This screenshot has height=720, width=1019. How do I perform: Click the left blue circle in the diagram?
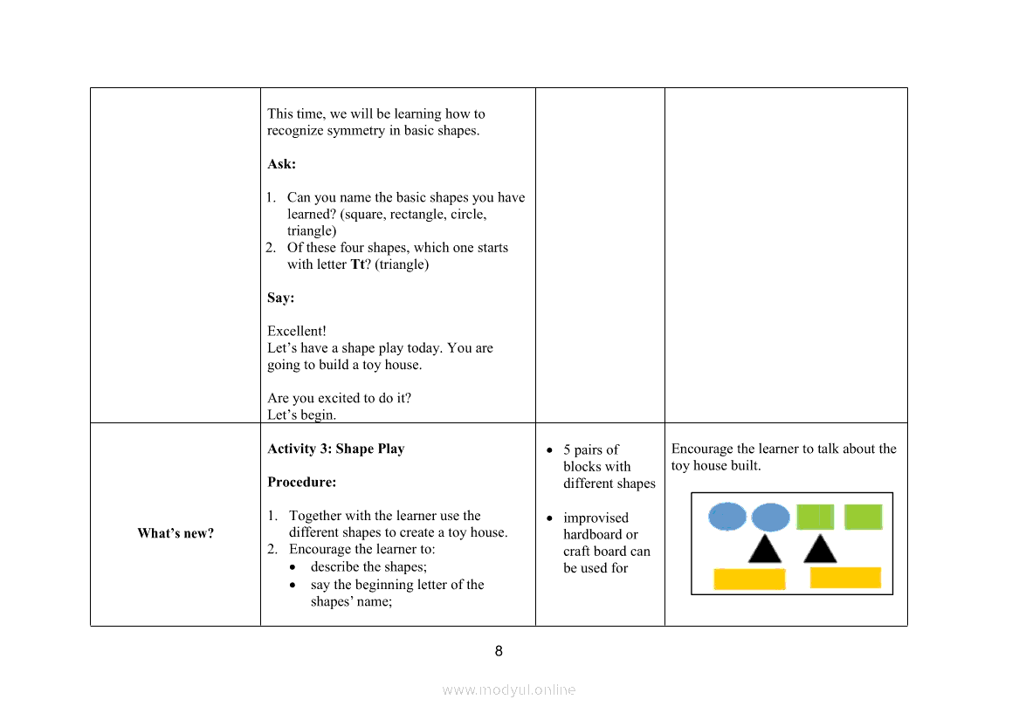point(727,517)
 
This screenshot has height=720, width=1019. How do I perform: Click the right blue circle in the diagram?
point(770,518)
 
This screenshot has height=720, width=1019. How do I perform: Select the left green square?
point(815,518)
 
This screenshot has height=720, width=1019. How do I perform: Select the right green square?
point(863,518)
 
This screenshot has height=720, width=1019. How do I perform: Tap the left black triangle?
point(765,551)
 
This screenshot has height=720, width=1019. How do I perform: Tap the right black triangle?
point(820,551)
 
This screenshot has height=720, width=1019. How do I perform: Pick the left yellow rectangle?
point(749,579)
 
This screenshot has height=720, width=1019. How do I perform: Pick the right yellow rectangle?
point(845,578)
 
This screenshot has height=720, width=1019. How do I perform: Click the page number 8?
point(499,651)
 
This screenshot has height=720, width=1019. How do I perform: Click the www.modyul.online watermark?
point(509,689)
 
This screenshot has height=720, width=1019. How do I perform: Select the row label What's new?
point(176,533)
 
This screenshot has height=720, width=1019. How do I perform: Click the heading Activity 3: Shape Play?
point(336,449)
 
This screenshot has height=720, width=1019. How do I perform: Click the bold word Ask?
point(281,164)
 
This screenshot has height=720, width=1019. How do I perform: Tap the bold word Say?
point(280,298)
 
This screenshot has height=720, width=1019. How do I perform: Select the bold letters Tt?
point(357,264)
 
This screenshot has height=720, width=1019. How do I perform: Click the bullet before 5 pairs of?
point(549,450)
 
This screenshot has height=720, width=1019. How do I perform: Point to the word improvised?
point(596,518)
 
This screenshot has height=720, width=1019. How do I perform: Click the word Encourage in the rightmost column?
point(702,449)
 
